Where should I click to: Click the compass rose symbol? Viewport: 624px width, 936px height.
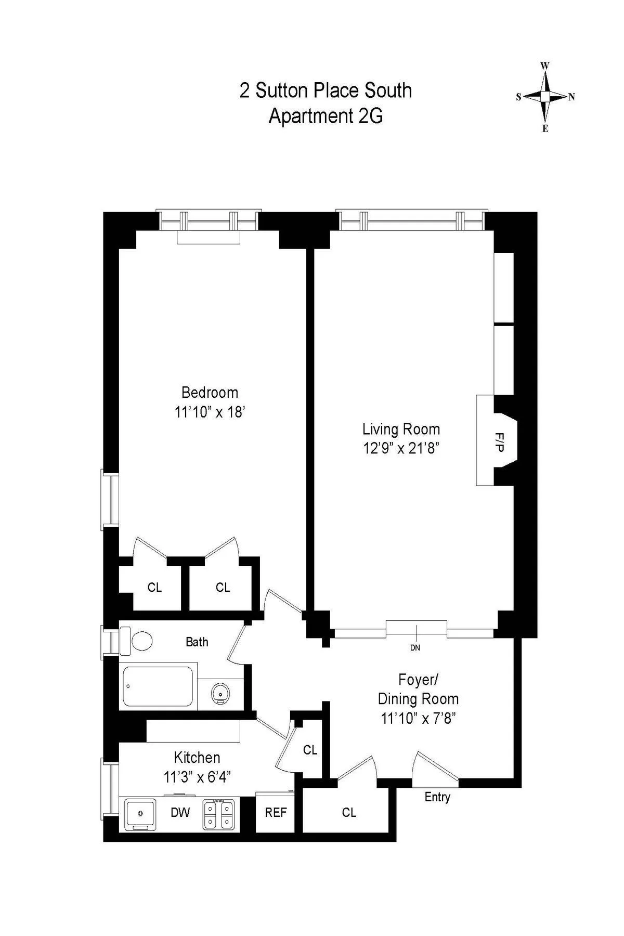(x=545, y=97)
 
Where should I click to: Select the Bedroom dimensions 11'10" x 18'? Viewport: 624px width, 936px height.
(x=210, y=412)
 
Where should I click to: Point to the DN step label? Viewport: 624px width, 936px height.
(x=415, y=648)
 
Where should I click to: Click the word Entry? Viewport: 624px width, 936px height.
(x=437, y=797)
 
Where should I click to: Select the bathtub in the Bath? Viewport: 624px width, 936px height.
(x=158, y=686)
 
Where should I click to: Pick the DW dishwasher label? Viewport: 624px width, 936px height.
(x=180, y=812)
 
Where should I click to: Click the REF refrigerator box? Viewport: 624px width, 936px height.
(x=276, y=812)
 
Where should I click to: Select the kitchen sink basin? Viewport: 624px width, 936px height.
(x=139, y=814)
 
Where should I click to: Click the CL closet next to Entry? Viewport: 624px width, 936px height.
(x=349, y=812)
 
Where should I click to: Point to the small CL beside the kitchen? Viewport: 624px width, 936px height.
(x=310, y=750)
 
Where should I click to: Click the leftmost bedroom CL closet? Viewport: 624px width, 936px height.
(x=154, y=588)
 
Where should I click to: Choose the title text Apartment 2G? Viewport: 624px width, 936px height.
(x=326, y=116)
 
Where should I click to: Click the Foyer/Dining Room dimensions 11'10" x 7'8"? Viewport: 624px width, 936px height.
(x=418, y=719)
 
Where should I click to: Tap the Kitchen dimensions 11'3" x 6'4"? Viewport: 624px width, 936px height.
(x=197, y=777)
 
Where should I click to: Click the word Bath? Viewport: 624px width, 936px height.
(x=197, y=642)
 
